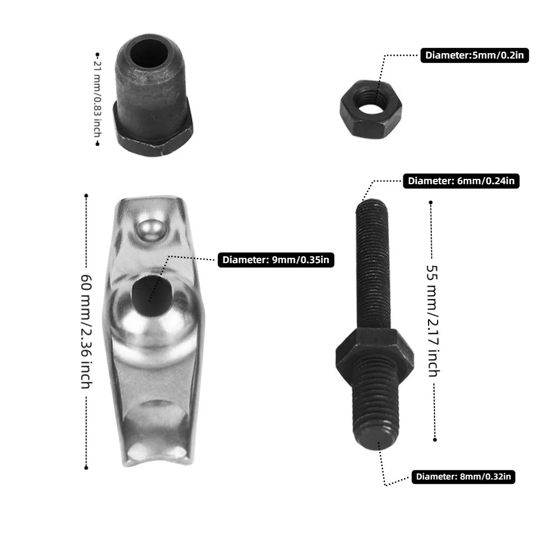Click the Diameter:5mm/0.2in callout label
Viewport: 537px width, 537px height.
[474, 55]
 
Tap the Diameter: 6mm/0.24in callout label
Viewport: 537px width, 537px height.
[461, 181]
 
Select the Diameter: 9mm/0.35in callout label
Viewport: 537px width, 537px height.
[275, 260]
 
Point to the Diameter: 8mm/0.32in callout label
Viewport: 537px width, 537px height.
[463, 477]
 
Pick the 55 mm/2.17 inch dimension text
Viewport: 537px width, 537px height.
[433, 321]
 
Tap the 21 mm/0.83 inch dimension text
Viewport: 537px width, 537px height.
[98, 99]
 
